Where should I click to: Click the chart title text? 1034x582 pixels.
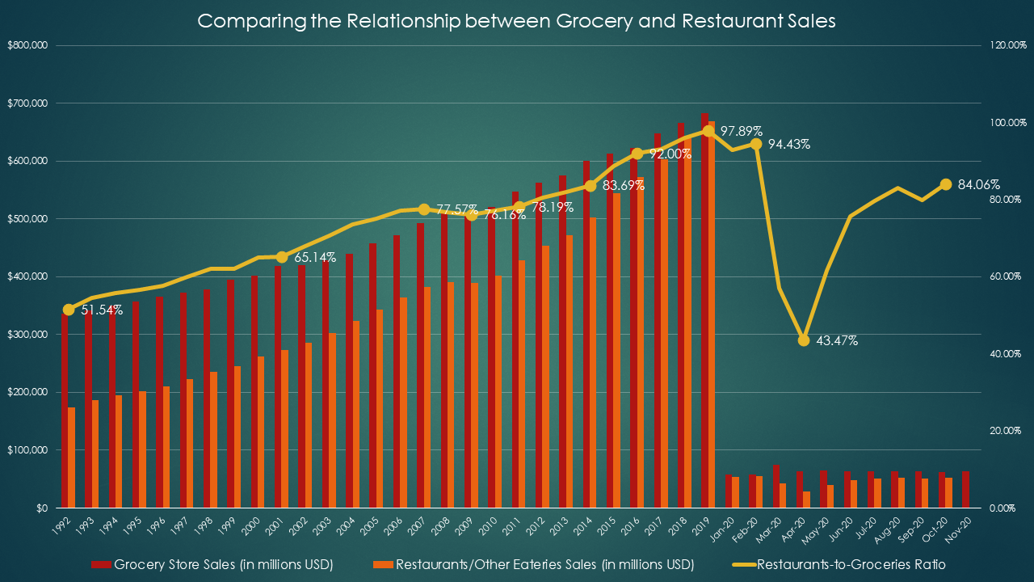517,21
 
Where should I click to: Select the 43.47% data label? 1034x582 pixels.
837,341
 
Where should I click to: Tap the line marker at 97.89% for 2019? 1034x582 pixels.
708,131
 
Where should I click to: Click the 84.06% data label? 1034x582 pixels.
979,184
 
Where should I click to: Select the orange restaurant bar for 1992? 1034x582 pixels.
71,458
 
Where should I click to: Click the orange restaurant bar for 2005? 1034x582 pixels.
379,408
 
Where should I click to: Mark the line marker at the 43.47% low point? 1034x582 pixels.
803,340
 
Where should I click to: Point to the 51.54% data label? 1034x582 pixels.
102,310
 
